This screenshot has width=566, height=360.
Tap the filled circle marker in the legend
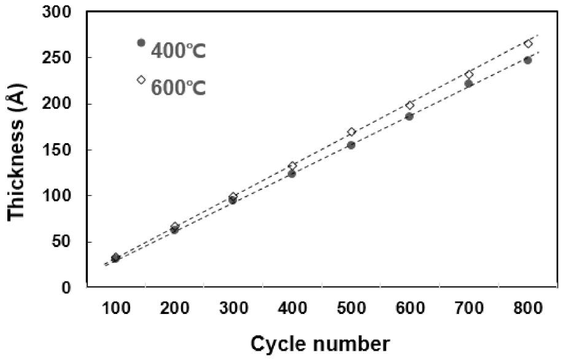click(141, 43)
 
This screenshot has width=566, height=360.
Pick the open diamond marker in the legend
click(141, 79)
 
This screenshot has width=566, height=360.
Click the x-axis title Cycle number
click(319, 343)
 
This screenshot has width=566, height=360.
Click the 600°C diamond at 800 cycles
click(528, 44)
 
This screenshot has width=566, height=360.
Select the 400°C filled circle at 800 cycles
click(528, 60)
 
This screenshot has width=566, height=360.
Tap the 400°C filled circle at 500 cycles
click(351, 145)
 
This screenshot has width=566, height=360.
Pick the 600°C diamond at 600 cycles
click(410, 105)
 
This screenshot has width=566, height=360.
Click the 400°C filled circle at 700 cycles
click(469, 84)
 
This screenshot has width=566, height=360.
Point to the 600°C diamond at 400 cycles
click(292, 166)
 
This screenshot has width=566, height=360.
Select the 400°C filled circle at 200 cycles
click(174, 230)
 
